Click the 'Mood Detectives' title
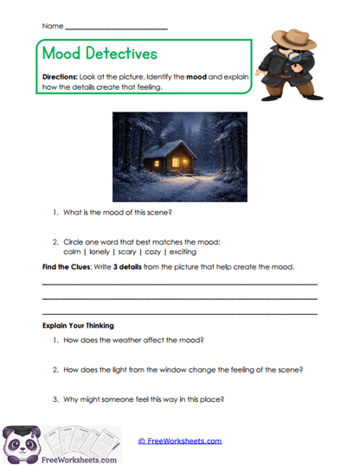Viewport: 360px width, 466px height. [x=100, y=54]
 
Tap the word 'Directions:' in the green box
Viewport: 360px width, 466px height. [x=61, y=77]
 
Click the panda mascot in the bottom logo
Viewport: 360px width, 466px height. [x=22, y=444]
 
